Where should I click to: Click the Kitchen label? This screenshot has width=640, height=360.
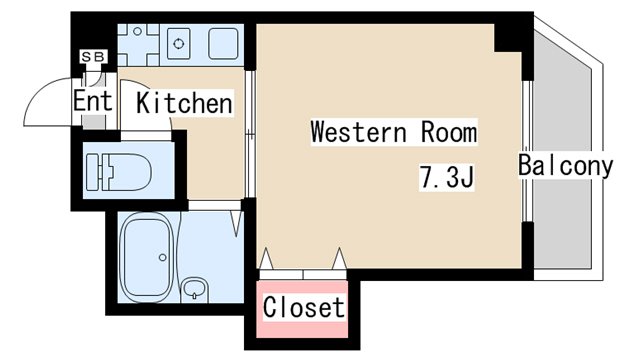tap(184, 103)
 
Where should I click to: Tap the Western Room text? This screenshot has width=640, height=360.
tap(393, 132)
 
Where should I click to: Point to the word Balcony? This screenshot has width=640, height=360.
tap(565, 166)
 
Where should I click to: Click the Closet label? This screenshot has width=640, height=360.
tap(304, 308)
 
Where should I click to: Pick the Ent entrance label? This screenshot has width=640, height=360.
tap(92, 101)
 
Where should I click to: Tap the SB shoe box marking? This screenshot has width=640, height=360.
tap(92, 56)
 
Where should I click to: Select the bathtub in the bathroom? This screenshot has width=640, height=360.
tap(148, 257)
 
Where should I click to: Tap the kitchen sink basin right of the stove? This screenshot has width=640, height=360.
tap(222, 42)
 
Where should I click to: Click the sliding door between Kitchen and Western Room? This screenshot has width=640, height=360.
tap(250, 130)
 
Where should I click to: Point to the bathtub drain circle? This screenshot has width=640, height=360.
tap(161, 258)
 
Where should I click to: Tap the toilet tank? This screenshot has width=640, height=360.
tap(96, 172)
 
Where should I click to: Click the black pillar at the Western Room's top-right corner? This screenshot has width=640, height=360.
tap(511, 37)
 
